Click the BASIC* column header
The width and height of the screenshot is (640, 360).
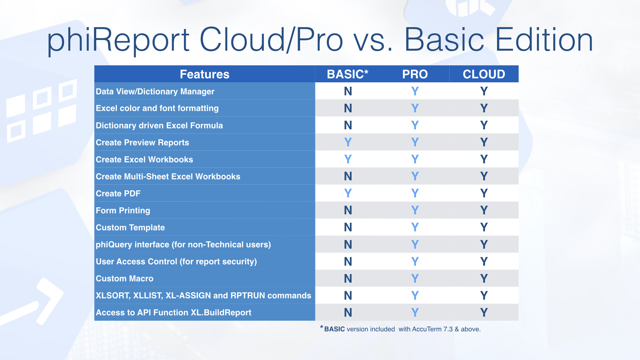(348, 74)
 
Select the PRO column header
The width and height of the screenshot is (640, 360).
(415, 74)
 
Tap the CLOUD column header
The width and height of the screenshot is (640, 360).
(484, 74)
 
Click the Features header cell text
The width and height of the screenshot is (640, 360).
(205, 74)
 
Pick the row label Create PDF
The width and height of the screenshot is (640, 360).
(118, 193)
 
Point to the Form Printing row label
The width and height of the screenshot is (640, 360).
(123, 211)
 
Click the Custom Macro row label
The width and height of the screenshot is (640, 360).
(125, 278)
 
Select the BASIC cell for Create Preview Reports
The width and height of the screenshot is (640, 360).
(348, 142)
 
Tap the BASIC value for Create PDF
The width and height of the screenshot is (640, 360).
(348, 193)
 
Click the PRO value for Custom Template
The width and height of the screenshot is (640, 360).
(415, 227)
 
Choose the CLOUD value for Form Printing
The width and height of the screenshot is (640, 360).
(484, 210)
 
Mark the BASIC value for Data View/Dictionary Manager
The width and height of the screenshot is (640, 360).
(348, 91)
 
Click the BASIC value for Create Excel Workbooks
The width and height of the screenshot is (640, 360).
(348, 159)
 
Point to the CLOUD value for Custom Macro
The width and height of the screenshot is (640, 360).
(484, 278)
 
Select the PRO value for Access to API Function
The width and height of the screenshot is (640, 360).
(415, 313)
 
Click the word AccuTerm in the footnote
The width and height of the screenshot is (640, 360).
(427, 329)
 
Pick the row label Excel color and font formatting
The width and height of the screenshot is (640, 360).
(157, 108)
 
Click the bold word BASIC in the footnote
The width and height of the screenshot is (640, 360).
(335, 329)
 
